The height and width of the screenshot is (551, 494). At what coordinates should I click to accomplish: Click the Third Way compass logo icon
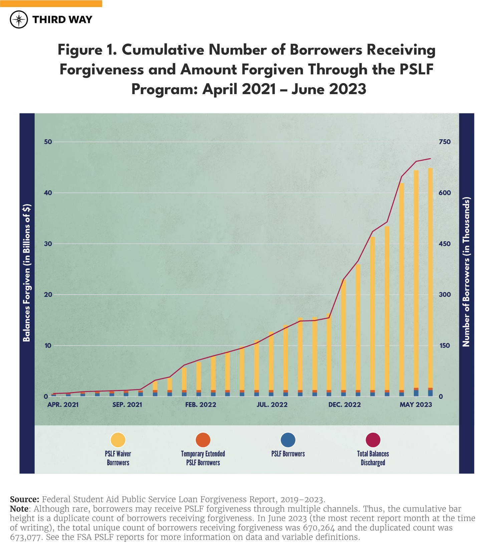click(x=19, y=19)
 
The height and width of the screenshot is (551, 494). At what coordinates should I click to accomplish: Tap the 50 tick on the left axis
click(x=48, y=142)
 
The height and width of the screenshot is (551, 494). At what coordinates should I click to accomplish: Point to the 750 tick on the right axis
click(x=445, y=142)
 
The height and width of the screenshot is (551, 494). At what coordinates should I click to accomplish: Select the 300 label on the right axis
click(x=445, y=295)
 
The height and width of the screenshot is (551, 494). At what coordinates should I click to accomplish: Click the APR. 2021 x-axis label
click(x=63, y=405)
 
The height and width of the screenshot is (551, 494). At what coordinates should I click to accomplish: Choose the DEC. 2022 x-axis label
click(x=344, y=405)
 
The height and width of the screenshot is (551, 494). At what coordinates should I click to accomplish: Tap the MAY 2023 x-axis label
click(x=416, y=405)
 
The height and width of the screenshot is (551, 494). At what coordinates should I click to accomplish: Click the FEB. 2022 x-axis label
click(x=201, y=405)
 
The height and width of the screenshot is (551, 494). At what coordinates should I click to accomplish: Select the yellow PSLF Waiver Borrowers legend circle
click(x=118, y=440)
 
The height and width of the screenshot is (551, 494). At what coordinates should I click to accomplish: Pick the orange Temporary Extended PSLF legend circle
click(x=203, y=440)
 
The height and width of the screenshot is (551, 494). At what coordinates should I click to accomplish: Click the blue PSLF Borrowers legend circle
click(x=288, y=440)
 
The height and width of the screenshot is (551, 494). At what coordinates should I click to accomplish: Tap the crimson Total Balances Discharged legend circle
click(x=373, y=440)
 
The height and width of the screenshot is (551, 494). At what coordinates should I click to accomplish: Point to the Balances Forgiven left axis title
click(x=27, y=273)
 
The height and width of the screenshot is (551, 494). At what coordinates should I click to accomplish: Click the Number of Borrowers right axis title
click(x=466, y=272)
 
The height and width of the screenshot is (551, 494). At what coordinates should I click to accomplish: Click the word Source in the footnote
click(x=24, y=500)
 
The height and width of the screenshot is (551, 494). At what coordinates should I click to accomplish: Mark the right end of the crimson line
click(x=430, y=159)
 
